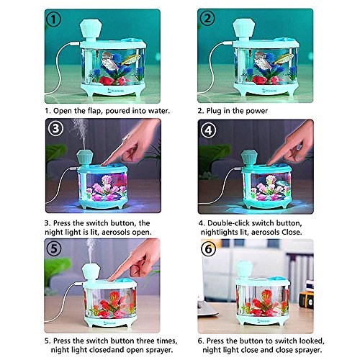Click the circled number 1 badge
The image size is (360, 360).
point(54,19)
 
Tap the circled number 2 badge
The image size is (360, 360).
point(207,19)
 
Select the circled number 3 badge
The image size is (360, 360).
point(55,128)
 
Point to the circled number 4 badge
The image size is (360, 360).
point(208,130)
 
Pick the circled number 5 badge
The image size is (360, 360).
point(54,248)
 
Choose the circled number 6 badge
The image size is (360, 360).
point(208,249)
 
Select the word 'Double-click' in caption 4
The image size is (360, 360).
point(228,223)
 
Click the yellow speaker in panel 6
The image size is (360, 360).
point(307,300)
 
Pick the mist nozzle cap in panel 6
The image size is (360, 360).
point(244,270)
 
